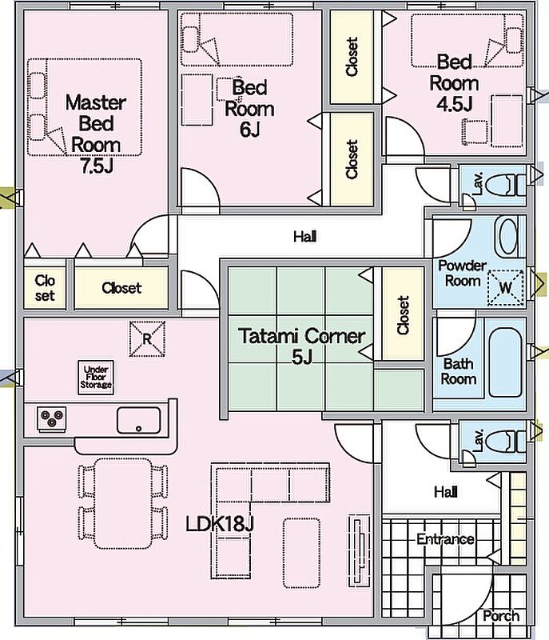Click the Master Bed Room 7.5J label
tap(96, 134)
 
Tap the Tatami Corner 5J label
tap(302, 346)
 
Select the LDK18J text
tap(220, 525)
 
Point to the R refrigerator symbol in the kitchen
tap(147, 338)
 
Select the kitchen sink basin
tap(138, 418)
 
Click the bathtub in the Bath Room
tap(507, 362)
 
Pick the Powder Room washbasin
tap(508, 237)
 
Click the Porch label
tap(501, 616)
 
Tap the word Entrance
tap(445, 539)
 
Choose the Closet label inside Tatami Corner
tap(403, 315)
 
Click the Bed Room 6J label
tap(249, 108)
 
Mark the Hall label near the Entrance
tap(445, 491)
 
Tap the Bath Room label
tap(459, 371)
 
